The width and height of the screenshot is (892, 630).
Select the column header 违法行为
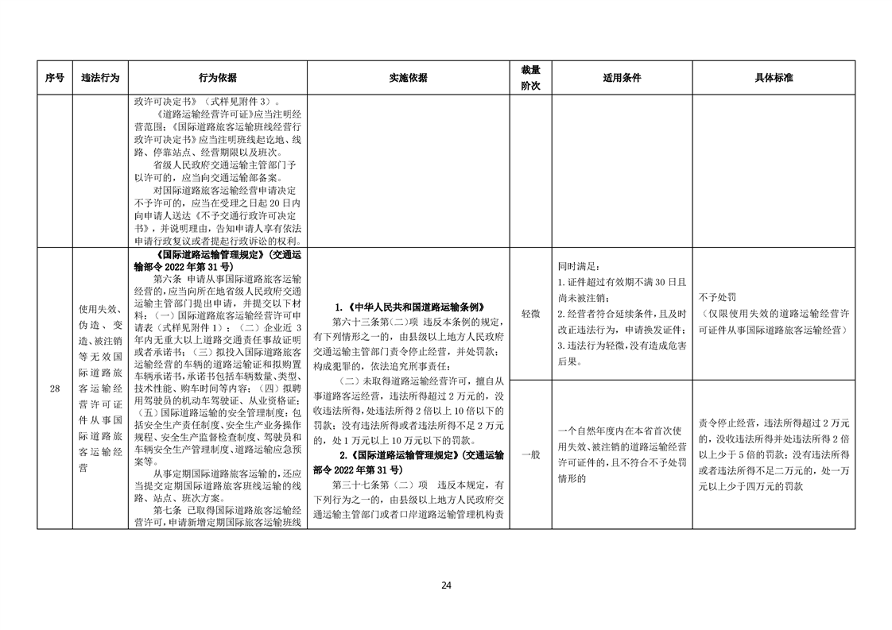tap(100, 78)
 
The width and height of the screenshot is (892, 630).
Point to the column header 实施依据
tap(408, 78)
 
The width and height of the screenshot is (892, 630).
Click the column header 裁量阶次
tap(530, 78)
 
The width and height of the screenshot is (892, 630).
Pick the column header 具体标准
tap(774, 78)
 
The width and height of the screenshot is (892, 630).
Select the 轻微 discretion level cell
tap(530, 314)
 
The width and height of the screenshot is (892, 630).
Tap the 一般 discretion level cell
tap(530, 454)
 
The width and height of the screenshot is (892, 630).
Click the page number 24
tap(446, 586)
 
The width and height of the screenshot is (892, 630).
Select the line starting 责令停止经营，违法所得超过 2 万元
tap(774, 423)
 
